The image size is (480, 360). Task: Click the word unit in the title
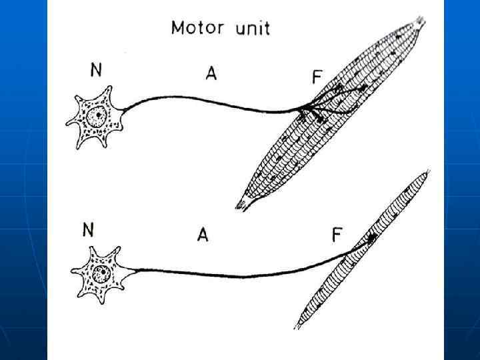(x=249, y=28)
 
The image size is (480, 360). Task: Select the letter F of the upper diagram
(x=317, y=78)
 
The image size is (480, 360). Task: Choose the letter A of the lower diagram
(x=202, y=234)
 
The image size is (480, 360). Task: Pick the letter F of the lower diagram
(x=337, y=235)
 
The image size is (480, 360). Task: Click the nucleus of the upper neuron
(x=98, y=116)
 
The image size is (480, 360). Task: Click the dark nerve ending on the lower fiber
(x=370, y=237)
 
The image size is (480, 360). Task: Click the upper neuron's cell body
(x=97, y=120)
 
